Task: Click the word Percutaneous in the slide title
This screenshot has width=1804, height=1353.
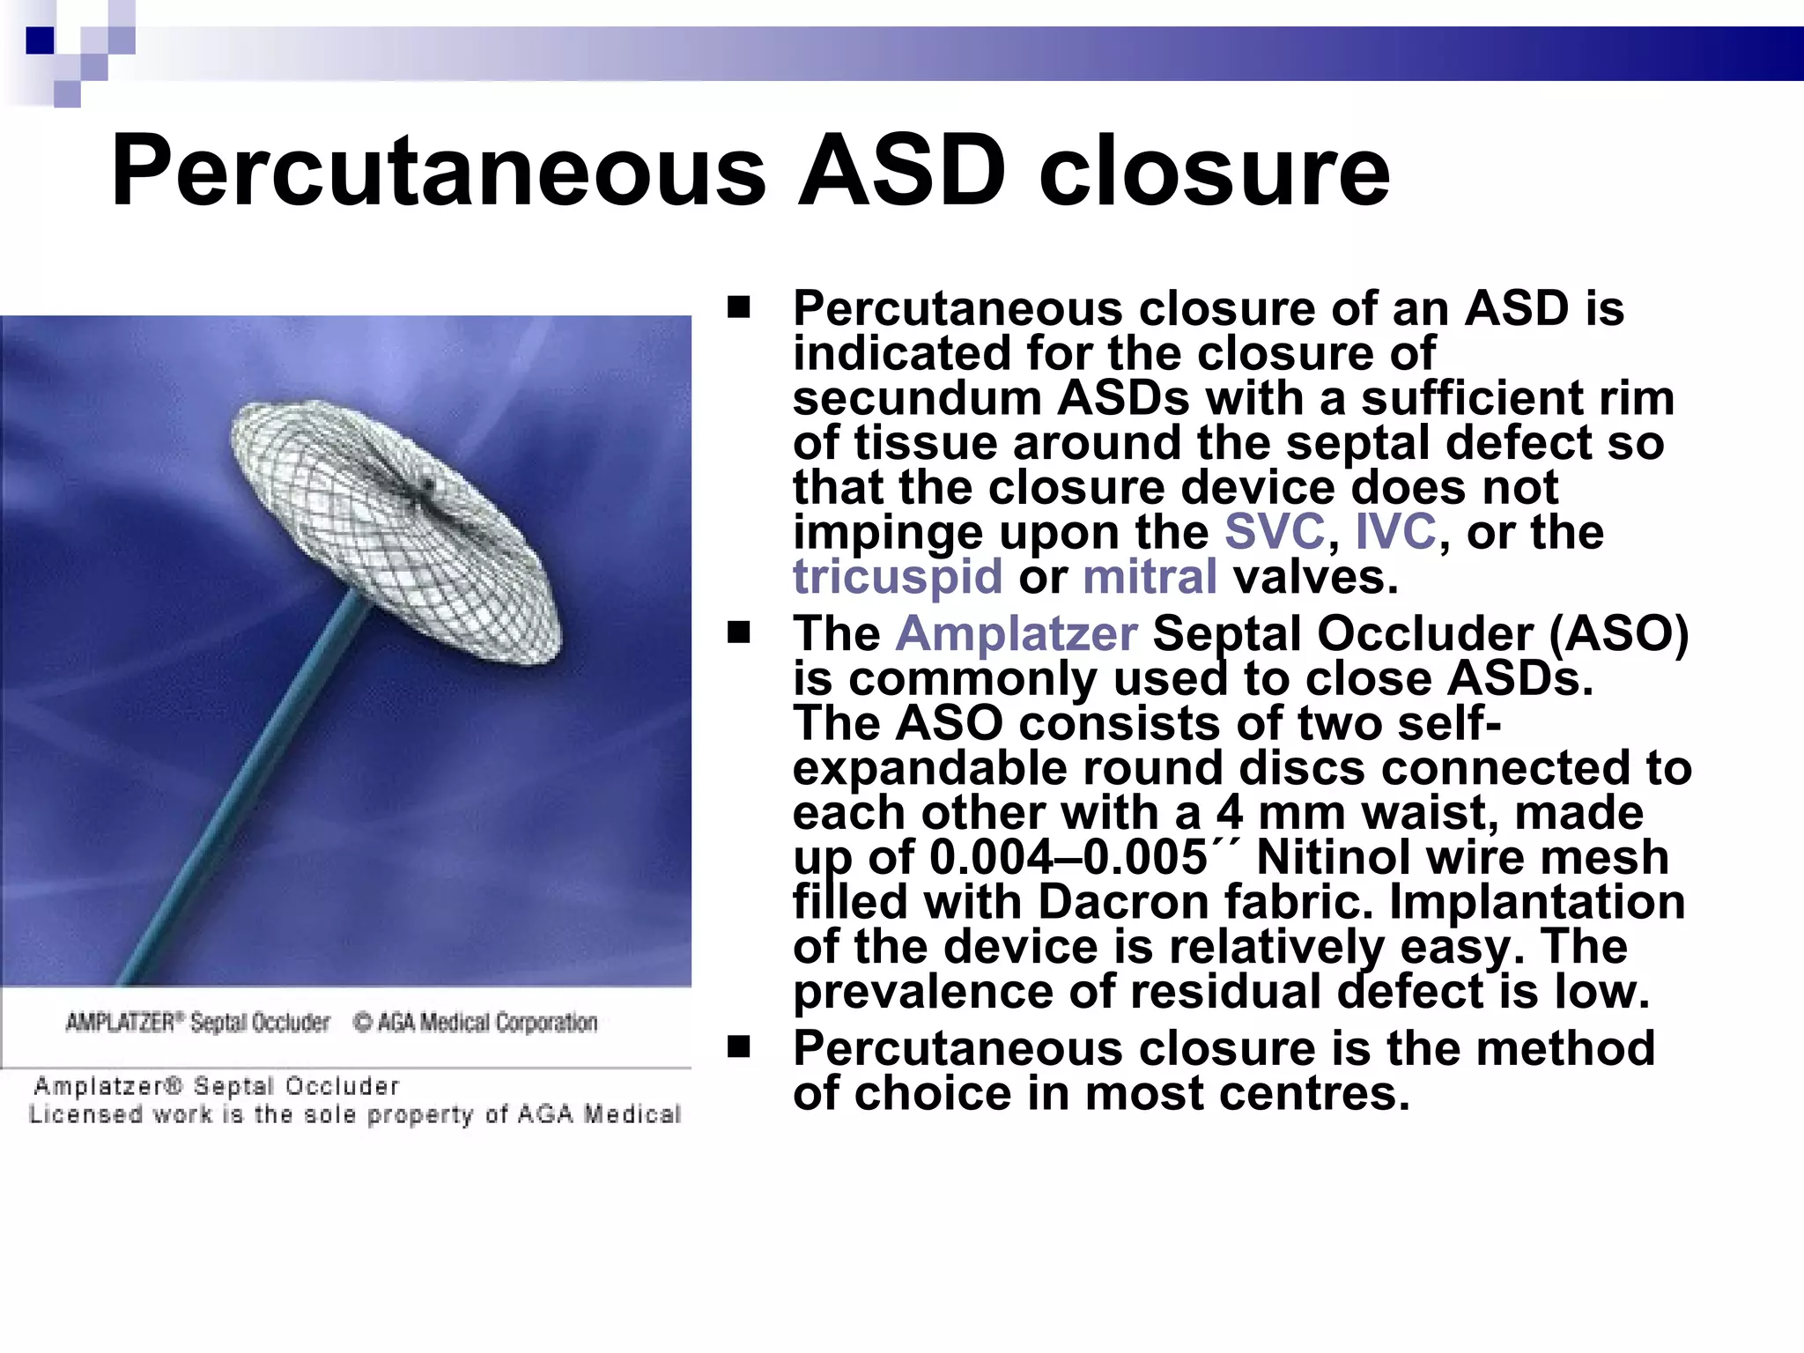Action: pyautogui.click(x=438, y=172)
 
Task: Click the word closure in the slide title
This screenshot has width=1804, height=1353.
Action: pyautogui.click(x=1213, y=172)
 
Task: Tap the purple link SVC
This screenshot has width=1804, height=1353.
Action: pyautogui.click(x=1274, y=531)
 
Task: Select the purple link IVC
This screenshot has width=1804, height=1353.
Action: pyautogui.click(x=1395, y=531)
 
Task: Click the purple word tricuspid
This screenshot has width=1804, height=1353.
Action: pyautogui.click(x=897, y=577)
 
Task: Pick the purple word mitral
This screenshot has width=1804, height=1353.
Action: pyautogui.click(x=1150, y=577)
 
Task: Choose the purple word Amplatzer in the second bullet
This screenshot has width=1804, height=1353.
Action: pyautogui.click(x=1017, y=633)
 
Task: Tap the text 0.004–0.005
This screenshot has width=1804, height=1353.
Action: pyautogui.click(x=1068, y=857)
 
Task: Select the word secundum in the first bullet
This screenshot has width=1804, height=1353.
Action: pyautogui.click(x=916, y=398)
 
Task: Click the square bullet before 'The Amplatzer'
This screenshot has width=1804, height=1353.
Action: pyautogui.click(x=738, y=632)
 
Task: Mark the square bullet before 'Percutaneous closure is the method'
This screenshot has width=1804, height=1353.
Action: pyautogui.click(x=738, y=1046)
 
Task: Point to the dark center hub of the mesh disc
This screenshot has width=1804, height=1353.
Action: pyautogui.click(x=428, y=484)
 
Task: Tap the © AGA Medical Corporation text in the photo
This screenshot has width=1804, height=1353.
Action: pyautogui.click(x=476, y=1023)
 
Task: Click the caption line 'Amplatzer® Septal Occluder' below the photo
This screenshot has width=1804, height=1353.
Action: pyautogui.click(x=216, y=1086)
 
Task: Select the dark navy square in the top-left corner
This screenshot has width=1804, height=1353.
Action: pyautogui.click(x=41, y=41)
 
